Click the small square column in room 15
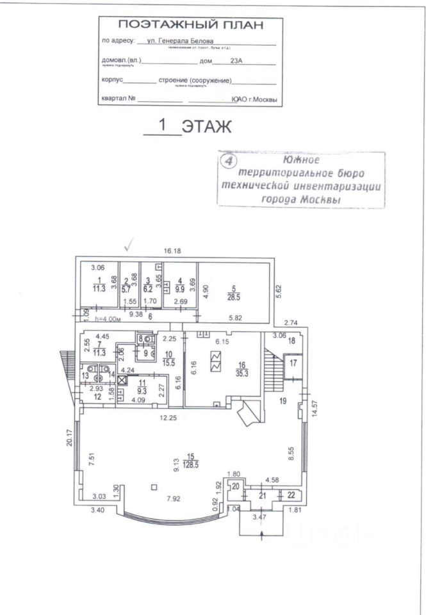154,487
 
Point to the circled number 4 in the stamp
227,160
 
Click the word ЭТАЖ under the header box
206,126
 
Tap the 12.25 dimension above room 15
169,417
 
